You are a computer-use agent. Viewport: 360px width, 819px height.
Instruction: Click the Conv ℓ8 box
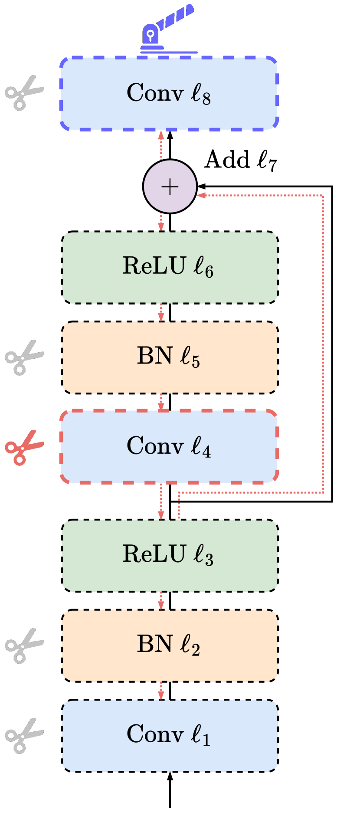pyautogui.click(x=169, y=93)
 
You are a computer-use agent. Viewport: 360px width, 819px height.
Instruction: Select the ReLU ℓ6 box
pyautogui.click(x=170, y=267)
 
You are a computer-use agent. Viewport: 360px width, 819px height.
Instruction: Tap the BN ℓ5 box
pyautogui.click(x=170, y=357)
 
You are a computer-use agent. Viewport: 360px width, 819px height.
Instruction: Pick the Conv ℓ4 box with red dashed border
pyautogui.click(x=169, y=446)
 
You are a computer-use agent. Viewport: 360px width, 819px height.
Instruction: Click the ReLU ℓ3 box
pyautogui.click(x=170, y=556)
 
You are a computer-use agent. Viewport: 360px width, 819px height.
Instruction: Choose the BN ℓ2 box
pyautogui.click(x=170, y=645)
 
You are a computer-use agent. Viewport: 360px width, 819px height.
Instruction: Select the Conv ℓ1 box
pyautogui.click(x=170, y=736)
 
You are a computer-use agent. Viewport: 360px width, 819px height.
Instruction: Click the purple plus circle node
pyautogui.click(x=170, y=187)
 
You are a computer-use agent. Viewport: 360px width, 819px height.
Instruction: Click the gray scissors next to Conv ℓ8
pyautogui.click(x=24, y=93)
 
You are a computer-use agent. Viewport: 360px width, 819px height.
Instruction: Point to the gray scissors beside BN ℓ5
pyautogui.click(x=24, y=357)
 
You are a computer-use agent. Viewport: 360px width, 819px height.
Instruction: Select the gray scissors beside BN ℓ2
pyautogui.click(x=24, y=645)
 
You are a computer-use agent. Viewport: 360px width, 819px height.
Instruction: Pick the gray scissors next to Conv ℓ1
pyautogui.click(x=24, y=736)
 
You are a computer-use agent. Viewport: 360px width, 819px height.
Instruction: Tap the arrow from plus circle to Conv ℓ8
pyautogui.click(x=161, y=145)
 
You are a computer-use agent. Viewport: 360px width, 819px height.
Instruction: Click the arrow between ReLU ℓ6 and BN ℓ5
pyautogui.click(x=161, y=312)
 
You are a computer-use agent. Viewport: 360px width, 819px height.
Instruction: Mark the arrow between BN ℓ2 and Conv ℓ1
pyautogui.click(x=161, y=691)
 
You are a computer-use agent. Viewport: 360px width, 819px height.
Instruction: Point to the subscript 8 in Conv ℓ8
pyautogui.click(x=206, y=98)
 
